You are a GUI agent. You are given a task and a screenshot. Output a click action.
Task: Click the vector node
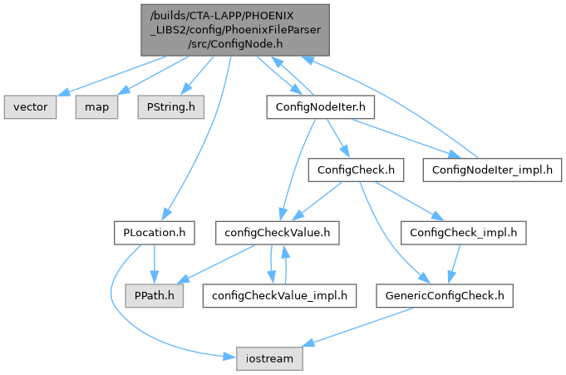(32, 107)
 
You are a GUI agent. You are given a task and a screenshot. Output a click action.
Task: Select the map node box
(95, 107)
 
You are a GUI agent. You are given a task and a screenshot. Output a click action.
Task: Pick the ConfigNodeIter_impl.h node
(492, 170)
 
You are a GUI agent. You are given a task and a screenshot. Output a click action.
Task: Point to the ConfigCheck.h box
(356, 170)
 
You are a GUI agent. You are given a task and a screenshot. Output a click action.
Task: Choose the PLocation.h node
(154, 233)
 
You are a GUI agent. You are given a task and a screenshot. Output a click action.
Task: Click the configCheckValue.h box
(278, 233)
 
